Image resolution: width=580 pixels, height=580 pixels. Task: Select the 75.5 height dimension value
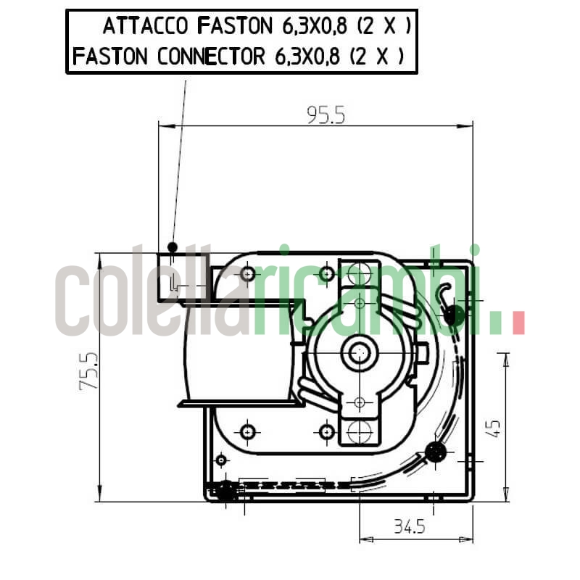pyautogui.click(x=88, y=372)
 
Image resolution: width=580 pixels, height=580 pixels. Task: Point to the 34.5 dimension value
pyautogui.click(x=409, y=526)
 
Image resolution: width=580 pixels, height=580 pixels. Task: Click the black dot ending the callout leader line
pyautogui.click(x=172, y=246)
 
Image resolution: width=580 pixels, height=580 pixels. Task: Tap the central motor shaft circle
pyautogui.click(x=359, y=353)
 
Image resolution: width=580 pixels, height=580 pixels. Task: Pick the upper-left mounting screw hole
pyautogui.click(x=249, y=273)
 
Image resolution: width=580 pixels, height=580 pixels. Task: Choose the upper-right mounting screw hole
pyautogui.click(x=327, y=273)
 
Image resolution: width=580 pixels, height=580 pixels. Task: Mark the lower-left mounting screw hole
pyautogui.click(x=249, y=431)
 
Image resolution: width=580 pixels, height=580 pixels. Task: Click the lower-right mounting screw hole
pyautogui.click(x=327, y=432)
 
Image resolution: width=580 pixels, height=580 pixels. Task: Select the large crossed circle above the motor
pyautogui.click(x=359, y=273)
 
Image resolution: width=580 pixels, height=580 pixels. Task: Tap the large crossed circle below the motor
pyautogui.click(x=359, y=432)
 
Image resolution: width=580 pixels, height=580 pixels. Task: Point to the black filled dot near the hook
pyautogui.click(x=455, y=315)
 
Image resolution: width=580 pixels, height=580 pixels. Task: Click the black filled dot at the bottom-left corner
pyautogui.click(x=226, y=491)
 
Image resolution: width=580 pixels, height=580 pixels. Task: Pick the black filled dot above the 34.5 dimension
pyautogui.click(x=436, y=452)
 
